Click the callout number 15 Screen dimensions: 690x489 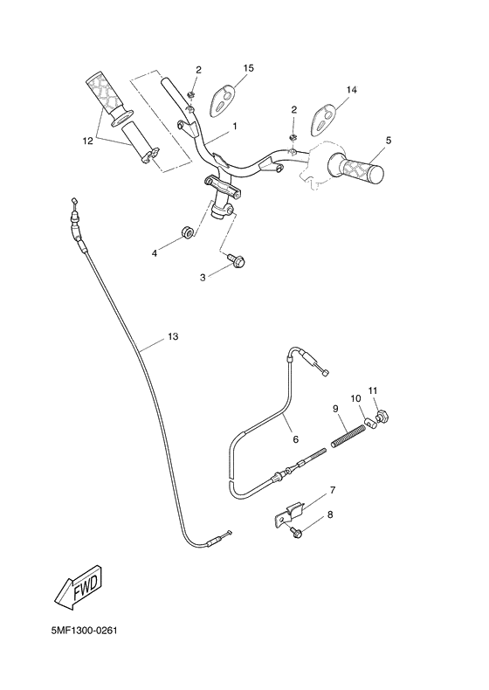tap(249, 68)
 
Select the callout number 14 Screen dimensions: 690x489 tap(352, 90)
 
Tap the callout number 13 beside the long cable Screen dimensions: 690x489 tap(172, 336)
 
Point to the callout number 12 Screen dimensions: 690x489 tap(87, 140)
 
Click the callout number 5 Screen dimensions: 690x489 tap(388, 140)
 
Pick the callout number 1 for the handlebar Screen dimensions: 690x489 tap(235, 127)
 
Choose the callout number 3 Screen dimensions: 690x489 tap(203, 277)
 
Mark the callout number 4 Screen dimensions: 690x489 tap(155, 252)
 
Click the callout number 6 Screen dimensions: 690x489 tap(294, 440)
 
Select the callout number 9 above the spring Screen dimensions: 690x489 tap(334, 408)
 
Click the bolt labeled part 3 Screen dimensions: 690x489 tap(237, 259)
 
